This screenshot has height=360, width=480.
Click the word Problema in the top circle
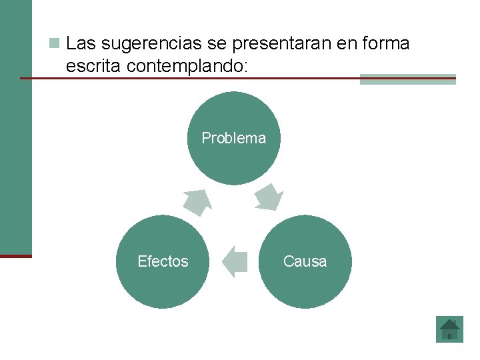[x=233, y=138]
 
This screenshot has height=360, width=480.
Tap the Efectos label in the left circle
[x=163, y=261]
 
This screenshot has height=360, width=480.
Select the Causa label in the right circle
[x=305, y=261]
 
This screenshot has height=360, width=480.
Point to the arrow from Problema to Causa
[x=269, y=197]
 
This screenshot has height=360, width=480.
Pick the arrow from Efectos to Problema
[x=197, y=202]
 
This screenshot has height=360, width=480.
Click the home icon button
[x=449, y=329]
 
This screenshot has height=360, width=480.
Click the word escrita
[x=93, y=65]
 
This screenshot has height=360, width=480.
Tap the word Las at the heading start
[x=81, y=44]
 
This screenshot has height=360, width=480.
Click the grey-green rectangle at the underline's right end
[x=407, y=79]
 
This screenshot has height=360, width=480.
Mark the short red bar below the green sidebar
[x=15, y=255]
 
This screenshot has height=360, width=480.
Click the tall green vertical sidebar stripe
[x=15, y=127]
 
